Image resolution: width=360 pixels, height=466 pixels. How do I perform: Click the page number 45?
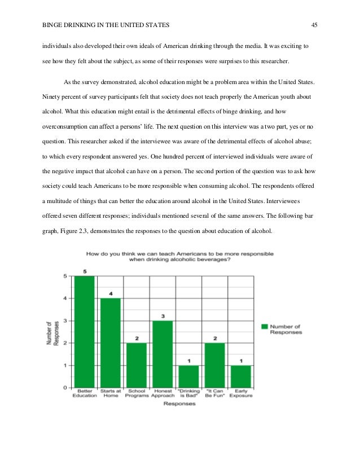coord(315,25)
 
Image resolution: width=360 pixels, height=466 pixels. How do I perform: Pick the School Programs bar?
coord(137,365)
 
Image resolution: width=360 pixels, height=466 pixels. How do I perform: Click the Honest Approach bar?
coord(163,354)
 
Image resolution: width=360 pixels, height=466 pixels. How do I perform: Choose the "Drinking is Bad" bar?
coord(188,376)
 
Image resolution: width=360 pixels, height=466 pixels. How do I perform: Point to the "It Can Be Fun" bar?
coord(214,365)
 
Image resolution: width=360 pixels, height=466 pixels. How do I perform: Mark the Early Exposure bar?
coord(240,376)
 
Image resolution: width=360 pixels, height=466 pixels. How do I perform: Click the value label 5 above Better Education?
coord(85,270)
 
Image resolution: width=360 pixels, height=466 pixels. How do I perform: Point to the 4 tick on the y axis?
coord(66,298)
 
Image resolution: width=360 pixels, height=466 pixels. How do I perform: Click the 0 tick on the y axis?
coord(66,388)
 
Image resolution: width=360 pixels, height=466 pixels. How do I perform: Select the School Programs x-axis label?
coord(137,393)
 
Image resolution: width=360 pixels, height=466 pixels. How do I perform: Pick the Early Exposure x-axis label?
coord(240,393)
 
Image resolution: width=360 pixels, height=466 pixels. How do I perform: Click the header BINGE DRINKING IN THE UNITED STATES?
coord(106,25)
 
